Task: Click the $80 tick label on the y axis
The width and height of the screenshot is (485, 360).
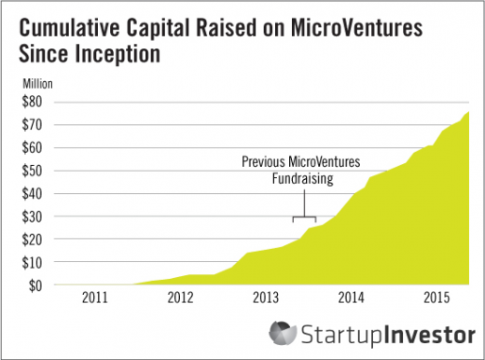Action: (32, 102)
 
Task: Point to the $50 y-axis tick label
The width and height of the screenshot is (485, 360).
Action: (32, 171)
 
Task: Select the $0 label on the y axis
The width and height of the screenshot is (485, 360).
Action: (35, 285)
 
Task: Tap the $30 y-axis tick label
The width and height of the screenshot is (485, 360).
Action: (32, 216)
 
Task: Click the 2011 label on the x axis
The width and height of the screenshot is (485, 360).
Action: (95, 298)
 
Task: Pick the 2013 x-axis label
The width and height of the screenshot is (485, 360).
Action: (266, 298)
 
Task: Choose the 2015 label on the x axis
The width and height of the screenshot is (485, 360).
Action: (436, 298)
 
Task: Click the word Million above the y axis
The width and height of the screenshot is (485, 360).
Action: (37, 84)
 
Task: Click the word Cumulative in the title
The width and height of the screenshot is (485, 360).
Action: (69, 28)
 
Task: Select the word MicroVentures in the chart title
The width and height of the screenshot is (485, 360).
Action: (356, 28)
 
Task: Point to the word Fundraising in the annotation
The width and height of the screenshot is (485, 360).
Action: (303, 179)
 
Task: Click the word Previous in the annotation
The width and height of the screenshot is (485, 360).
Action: (263, 161)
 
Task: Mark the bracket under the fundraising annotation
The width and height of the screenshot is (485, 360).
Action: (304, 216)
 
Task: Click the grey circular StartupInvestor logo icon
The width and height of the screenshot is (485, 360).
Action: (283, 333)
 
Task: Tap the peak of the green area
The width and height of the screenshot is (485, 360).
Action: (468, 111)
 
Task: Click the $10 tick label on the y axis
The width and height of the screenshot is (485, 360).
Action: (32, 263)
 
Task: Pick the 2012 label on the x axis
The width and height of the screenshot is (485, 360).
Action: (180, 298)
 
